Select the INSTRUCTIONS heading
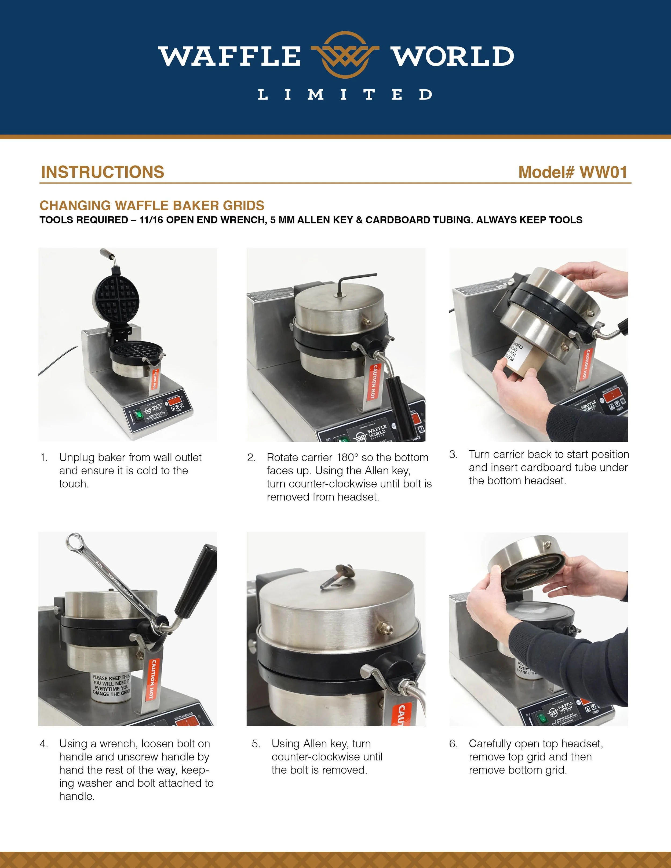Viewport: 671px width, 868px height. click(103, 172)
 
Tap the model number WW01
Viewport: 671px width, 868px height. click(603, 172)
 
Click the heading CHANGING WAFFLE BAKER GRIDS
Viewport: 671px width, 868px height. click(152, 206)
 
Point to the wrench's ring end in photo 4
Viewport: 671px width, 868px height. click(74, 541)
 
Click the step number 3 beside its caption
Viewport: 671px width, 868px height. click(453, 454)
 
